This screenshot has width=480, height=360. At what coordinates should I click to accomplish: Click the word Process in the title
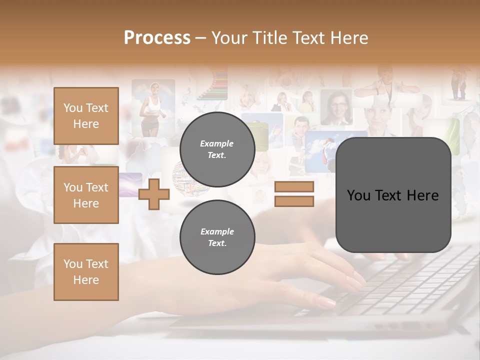click(x=157, y=38)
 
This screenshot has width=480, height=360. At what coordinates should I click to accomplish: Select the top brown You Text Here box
click(x=86, y=116)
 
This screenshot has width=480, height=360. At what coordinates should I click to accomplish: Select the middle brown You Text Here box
click(x=86, y=195)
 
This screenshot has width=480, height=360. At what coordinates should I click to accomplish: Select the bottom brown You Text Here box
click(x=86, y=271)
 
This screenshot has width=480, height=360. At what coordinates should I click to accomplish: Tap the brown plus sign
click(x=153, y=194)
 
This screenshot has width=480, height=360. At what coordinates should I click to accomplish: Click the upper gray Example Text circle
click(x=217, y=149)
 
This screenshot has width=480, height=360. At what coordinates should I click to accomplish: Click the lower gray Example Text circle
click(x=217, y=237)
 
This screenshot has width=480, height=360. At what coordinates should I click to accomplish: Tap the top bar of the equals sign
click(x=294, y=187)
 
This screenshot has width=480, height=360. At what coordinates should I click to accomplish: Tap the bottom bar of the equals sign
click(x=294, y=201)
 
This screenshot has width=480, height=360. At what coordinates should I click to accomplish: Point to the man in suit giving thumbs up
click(x=300, y=132)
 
